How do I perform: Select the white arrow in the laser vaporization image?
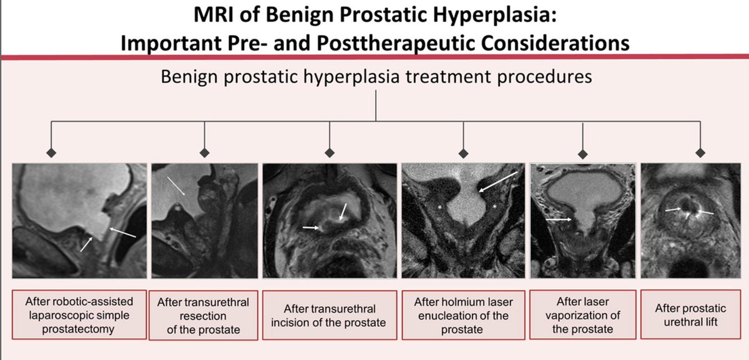point(559,220)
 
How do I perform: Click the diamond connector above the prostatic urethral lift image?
point(700,152)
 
